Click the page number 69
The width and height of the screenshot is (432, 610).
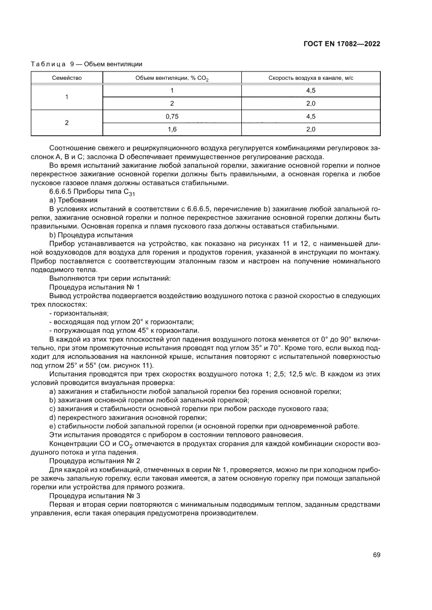point(376,554)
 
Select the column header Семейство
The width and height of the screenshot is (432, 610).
point(67,78)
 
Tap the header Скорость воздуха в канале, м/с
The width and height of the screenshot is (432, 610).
point(311,78)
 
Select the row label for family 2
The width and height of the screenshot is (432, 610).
point(67,123)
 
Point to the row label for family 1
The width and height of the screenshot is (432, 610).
point(67,97)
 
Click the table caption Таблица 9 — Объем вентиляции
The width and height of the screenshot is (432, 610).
point(87,64)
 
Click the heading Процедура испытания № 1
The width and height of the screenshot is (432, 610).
point(95,287)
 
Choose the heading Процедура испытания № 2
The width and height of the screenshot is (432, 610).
point(95,461)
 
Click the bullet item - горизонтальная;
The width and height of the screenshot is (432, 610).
point(78,313)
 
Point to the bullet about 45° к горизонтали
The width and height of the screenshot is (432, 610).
point(123,330)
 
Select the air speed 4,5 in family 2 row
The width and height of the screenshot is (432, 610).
point(311,116)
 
